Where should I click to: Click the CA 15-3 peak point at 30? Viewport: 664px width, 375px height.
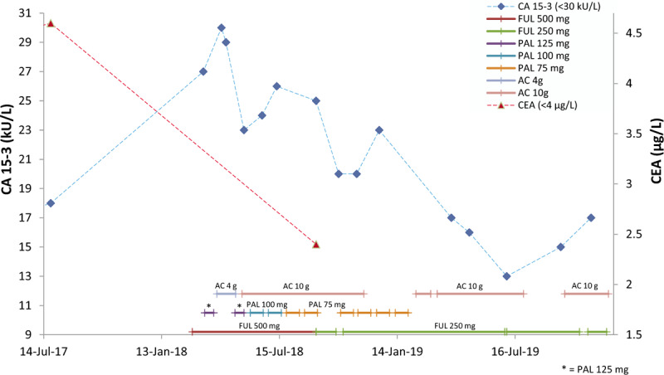tap(221, 27)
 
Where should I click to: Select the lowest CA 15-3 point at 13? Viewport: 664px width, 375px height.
tap(506, 276)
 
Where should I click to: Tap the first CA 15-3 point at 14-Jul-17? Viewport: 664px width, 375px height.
tap(51, 203)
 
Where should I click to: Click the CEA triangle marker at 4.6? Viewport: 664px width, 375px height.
tap(51, 23)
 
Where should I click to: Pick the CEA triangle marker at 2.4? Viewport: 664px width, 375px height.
tap(316, 245)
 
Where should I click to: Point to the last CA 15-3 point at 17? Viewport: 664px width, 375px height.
tap(591, 218)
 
